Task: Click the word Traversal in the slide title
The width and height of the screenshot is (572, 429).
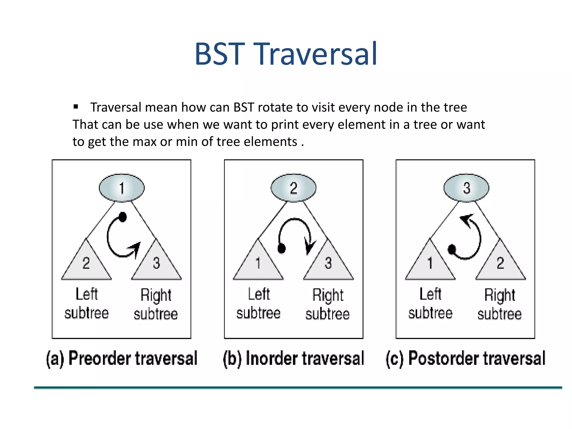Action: [317, 54]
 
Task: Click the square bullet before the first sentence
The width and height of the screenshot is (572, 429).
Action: [76, 106]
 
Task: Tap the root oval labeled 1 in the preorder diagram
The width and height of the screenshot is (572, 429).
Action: [122, 188]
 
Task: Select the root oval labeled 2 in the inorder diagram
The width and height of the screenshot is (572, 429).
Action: [294, 188]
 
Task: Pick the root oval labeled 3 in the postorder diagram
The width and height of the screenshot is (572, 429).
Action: [466, 188]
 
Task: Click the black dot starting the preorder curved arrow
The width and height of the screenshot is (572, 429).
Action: [123, 217]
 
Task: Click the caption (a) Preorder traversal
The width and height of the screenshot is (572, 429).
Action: [122, 358]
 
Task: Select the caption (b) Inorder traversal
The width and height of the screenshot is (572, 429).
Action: [294, 358]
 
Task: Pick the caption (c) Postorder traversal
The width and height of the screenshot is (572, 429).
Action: [466, 358]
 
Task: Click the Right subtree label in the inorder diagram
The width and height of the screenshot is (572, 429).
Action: [328, 304]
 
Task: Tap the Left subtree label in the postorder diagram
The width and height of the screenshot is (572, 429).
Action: [430, 304]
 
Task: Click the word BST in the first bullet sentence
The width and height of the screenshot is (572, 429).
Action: [244, 108]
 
